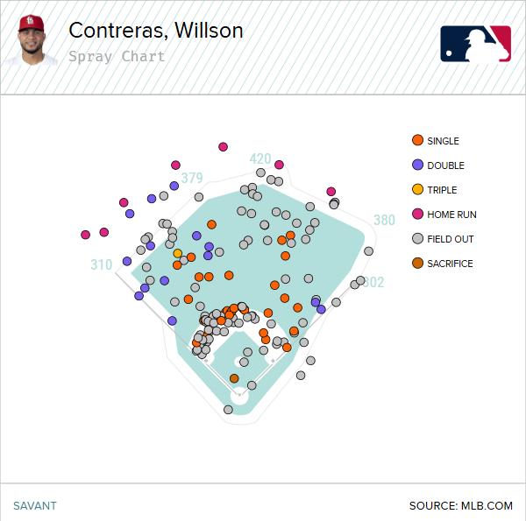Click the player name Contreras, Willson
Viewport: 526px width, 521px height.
point(155,31)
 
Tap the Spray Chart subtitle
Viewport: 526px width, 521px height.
point(116,57)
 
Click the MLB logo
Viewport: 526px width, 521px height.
point(475,44)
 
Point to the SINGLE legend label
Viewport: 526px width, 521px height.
point(443,141)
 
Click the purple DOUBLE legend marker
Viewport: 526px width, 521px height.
point(417,165)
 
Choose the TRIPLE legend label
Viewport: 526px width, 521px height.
point(442,190)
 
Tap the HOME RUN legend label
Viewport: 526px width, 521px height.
point(451,215)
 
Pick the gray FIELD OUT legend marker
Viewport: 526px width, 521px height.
point(417,239)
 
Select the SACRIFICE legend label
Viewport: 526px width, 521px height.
point(450,264)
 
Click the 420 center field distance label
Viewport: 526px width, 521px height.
point(260,159)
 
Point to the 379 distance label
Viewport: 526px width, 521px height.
point(192,179)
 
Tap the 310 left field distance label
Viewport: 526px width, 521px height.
point(101,264)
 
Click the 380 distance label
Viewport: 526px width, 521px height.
point(384,221)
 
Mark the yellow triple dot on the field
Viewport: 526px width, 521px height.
point(178,254)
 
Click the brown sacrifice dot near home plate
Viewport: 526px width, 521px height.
point(234,378)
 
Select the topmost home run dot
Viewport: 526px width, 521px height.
point(224,146)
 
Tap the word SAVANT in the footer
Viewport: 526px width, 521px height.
point(34,505)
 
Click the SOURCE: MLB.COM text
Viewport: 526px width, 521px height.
point(460,505)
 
